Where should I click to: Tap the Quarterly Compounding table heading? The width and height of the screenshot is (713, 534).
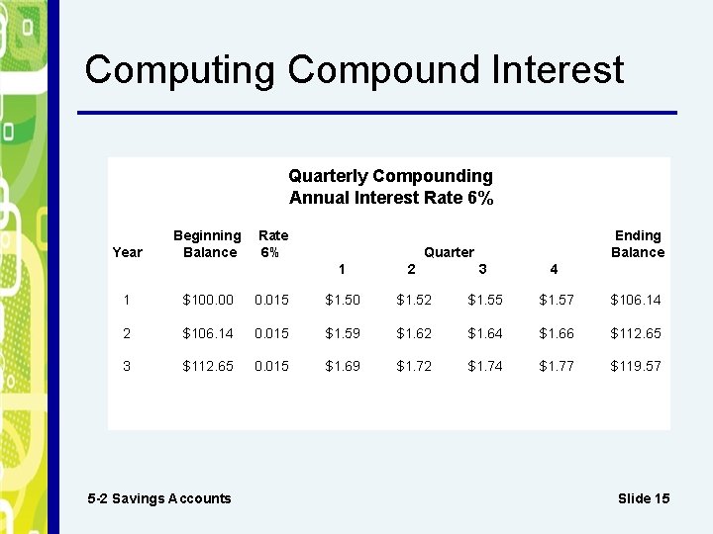(x=390, y=176)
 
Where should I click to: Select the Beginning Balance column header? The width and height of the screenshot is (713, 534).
(x=207, y=243)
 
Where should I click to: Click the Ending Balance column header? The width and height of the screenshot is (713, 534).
(x=637, y=243)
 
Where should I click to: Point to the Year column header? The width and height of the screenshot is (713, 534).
(x=128, y=252)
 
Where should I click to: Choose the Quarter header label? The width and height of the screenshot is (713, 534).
(x=449, y=252)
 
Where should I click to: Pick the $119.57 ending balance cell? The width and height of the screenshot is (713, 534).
(x=636, y=366)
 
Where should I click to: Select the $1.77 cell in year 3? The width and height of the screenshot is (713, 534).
(x=556, y=366)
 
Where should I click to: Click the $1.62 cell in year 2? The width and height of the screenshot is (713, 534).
(x=413, y=333)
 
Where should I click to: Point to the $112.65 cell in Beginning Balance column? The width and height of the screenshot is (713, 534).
(x=208, y=366)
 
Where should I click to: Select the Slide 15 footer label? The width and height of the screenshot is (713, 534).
(x=643, y=498)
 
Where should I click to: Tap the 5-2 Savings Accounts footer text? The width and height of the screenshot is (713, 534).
(x=159, y=498)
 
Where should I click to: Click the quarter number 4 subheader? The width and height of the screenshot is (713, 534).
(x=554, y=269)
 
